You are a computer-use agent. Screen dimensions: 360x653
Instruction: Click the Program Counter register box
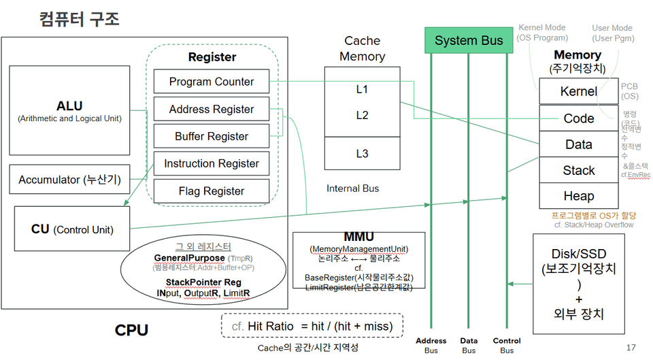212,82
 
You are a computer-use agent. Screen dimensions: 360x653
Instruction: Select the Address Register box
212,110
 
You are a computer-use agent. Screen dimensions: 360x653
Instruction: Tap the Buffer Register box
212,136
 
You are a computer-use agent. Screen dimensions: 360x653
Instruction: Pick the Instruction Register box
212,163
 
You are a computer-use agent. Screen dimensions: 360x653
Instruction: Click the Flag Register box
212,191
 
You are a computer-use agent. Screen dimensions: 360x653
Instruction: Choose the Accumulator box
69,180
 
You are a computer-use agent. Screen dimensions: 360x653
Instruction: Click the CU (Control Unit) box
72,229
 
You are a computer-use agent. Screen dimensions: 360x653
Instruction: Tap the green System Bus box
469,40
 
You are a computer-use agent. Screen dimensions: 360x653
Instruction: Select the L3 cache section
362,154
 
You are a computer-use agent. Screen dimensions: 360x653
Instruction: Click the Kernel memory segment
578,91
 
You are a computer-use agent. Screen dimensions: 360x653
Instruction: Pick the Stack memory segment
578,170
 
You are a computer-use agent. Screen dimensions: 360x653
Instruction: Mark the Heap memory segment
578,196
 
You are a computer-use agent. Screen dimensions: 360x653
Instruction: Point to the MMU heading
358,238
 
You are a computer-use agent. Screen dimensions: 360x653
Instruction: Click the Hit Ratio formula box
312,327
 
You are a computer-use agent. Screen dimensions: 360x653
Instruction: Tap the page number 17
631,347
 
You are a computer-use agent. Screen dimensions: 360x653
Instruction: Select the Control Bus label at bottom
507,345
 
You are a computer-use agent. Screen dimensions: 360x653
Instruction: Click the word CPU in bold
131,331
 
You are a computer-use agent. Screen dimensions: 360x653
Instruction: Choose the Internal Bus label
353,188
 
